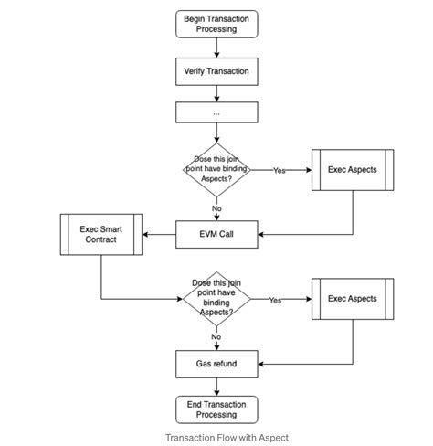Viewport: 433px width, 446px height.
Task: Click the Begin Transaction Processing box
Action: [x=216, y=24]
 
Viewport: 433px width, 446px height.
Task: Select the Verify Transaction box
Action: [x=216, y=70]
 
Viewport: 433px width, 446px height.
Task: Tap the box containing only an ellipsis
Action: [x=216, y=113]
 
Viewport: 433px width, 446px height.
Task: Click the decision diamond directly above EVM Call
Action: [x=216, y=170]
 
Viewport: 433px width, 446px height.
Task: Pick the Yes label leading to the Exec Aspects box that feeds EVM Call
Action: [x=280, y=170]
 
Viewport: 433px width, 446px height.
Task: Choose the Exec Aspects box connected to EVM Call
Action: [x=353, y=170]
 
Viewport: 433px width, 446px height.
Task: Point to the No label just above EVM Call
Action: [x=216, y=208]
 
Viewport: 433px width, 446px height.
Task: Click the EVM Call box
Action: [x=216, y=235]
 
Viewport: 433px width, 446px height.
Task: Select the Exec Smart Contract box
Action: [x=100, y=234]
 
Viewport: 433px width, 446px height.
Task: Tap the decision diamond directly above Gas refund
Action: [x=216, y=299]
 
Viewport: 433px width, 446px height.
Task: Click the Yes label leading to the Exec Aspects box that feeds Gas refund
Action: [x=275, y=300]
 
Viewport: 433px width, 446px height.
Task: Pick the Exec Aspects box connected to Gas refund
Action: [x=353, y=299]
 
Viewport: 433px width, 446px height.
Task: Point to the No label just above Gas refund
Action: [x=216, y=337]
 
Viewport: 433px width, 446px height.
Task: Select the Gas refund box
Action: [x=216, y=364]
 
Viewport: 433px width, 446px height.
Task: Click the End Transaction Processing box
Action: [x=216, y=409]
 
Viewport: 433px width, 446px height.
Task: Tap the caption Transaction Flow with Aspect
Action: [x=227, y=438]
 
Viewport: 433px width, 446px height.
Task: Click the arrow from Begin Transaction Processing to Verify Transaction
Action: [x=216, y=48]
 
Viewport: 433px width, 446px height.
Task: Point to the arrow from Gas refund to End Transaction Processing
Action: [x=216, y=386]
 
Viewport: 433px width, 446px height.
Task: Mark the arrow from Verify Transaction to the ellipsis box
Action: [x=216, y=91]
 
